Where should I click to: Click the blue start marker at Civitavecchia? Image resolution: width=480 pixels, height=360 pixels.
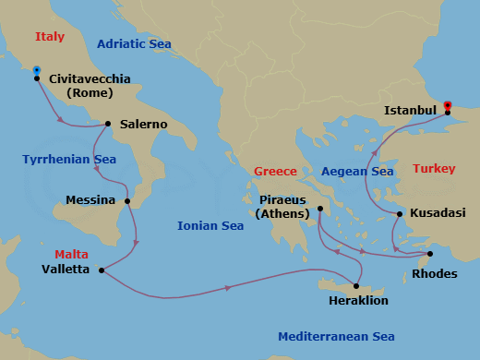click(36, 70)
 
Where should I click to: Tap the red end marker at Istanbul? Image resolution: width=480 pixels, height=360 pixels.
click(448, 105)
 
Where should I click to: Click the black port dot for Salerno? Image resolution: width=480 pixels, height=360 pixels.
click(108, 124)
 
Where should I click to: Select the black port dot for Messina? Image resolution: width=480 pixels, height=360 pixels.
click(126, 200)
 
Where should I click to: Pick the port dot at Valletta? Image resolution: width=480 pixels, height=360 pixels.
click(100, 270)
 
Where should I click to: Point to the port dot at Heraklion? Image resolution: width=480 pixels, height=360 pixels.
click(357, 284)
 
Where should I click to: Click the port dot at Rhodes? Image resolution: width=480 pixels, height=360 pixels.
click(430, 254)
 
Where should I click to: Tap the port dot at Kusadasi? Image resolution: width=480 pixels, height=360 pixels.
click(399, 214)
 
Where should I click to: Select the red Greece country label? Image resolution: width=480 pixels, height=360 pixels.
click(276, 172)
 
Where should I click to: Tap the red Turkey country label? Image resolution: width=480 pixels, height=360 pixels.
click(434, 169)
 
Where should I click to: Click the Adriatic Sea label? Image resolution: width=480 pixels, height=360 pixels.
click(134, 43)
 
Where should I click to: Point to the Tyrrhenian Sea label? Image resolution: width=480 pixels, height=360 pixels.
click(69, 160)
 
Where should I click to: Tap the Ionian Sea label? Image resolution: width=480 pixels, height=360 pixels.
click(212, 225)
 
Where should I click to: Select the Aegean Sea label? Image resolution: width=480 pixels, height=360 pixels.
click(357, 172)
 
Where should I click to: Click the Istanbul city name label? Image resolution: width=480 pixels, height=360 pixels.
click(410, 111)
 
